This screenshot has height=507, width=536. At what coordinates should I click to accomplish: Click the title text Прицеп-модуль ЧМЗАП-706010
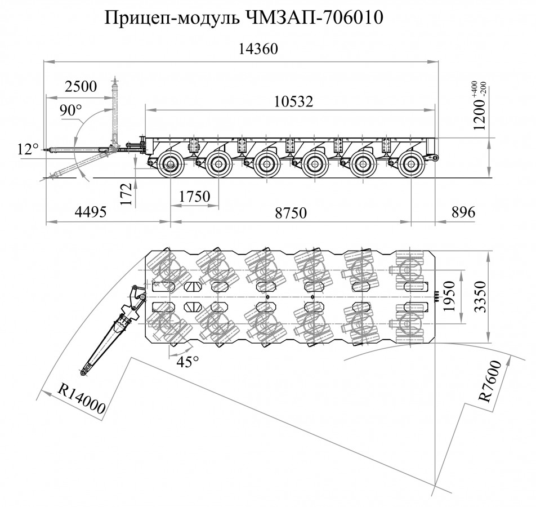(x=244, y=19)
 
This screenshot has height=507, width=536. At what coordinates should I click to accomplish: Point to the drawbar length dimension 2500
(x=81, y=87)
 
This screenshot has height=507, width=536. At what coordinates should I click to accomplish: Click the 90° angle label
(x=72, y=111)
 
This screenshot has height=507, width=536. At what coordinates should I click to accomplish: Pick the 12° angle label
(x=28, y=149)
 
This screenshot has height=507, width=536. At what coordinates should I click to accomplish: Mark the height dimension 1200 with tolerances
(x=481, y=106)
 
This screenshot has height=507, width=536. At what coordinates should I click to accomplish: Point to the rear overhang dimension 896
(x=463, y=212)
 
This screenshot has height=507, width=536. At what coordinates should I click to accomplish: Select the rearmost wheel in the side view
(x=412, y=164)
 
